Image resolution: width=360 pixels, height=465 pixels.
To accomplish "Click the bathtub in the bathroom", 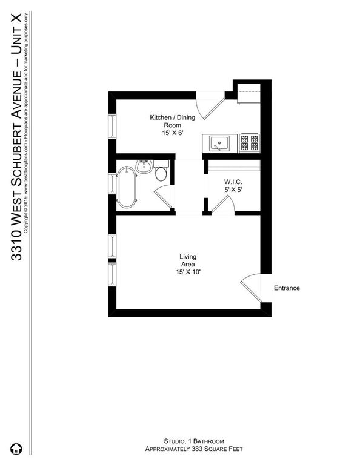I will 127,185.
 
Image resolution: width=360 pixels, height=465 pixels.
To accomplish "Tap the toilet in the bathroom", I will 161,174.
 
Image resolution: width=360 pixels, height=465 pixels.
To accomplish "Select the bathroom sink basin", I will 144,167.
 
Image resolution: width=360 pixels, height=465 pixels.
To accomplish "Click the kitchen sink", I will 218,143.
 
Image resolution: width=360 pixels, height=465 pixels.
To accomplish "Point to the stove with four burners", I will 249,143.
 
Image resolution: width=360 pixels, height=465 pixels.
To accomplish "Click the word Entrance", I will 287,288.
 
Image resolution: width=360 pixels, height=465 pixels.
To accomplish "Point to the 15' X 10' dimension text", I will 188,272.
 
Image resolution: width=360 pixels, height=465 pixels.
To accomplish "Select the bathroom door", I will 164,198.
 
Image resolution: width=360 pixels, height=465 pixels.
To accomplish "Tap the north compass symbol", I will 18,449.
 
